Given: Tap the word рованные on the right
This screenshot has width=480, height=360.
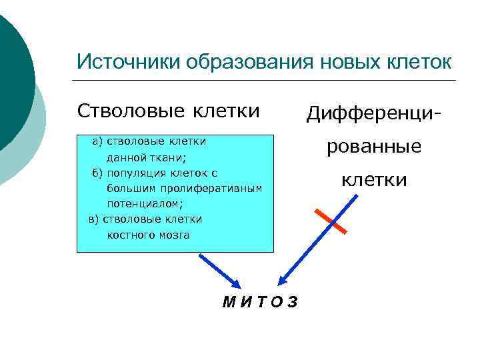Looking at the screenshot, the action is pos(374,147).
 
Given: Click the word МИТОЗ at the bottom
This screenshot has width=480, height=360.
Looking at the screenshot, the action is pos(261,302).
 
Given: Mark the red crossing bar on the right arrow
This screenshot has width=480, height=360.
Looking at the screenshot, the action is pos(331,221).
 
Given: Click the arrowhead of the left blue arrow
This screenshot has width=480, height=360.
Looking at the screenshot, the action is pos(237,282).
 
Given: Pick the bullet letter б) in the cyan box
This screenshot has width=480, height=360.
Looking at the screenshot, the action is pos(97,172).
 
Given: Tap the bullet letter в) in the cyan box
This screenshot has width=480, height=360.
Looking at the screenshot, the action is pos(94,219).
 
